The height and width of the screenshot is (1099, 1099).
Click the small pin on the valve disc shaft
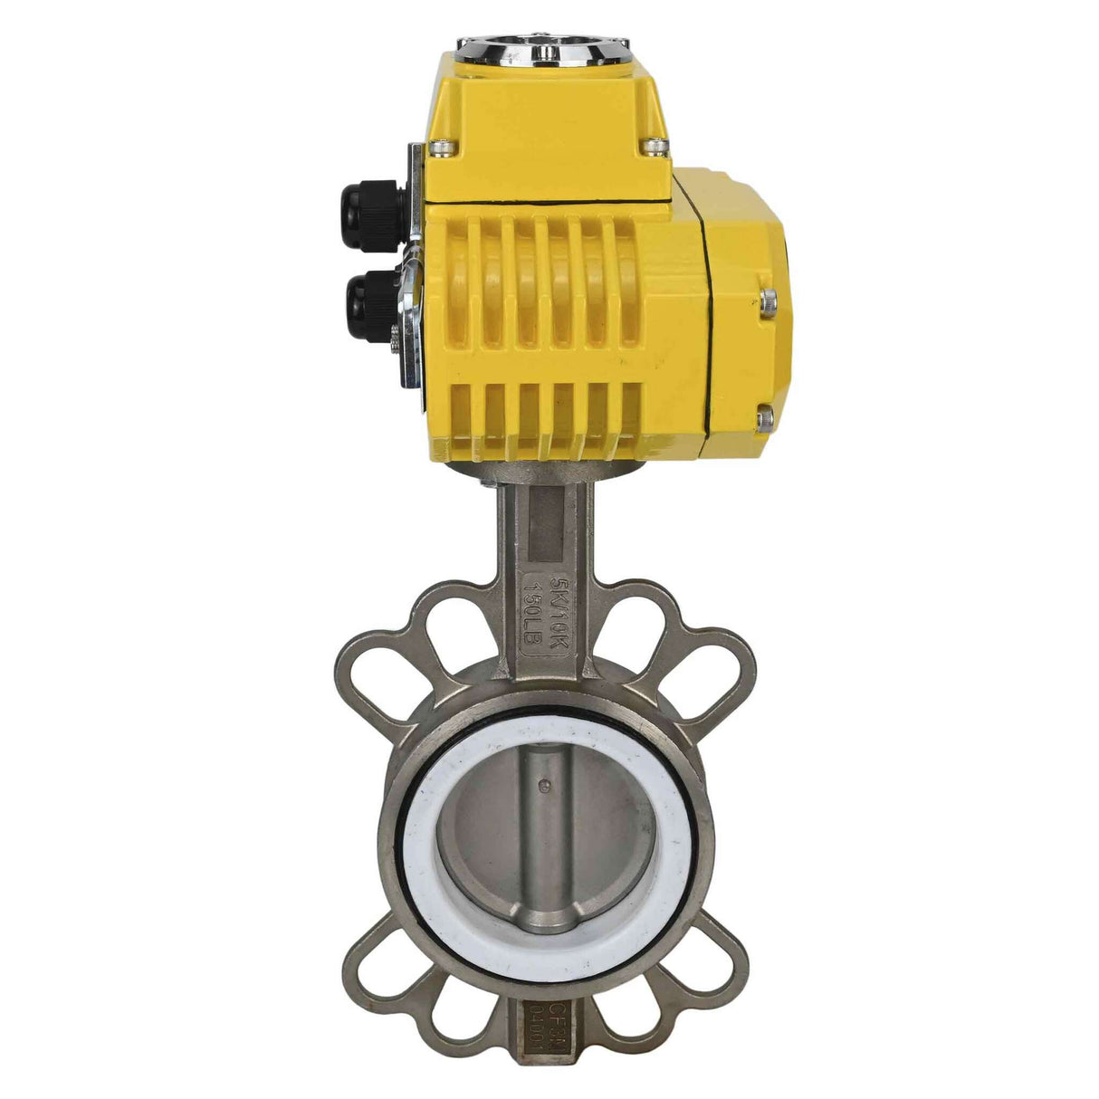pyautogui.click(x=543, y=786)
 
